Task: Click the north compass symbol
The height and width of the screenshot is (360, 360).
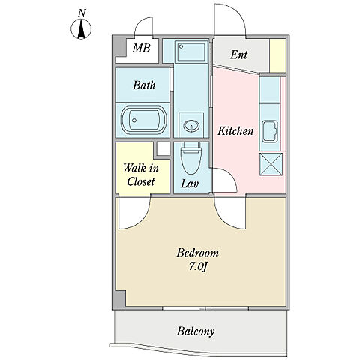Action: (x=81, y=28)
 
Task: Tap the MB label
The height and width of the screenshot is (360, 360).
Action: (x=142, y=48)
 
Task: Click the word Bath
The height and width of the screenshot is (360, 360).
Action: (x=144, y=85)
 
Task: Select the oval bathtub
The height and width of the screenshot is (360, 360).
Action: (x=144, y=120)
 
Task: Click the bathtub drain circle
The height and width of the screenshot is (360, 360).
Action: (x=134, y=120)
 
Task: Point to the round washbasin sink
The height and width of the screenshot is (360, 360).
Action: (x=191, y=125)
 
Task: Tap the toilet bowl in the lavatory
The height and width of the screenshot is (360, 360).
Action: (x=191, y=159)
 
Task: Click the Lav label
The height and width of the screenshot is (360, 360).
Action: (x=190, y=184)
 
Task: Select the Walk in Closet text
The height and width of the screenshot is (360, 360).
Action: (x=141, y=175)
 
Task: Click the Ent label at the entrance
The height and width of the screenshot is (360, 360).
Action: (x=239, y=55)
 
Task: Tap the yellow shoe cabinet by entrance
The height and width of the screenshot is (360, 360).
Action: (x=277, y=55)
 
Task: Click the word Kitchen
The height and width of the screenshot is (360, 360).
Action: (x=235, y=131)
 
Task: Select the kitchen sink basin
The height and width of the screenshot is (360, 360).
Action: (x=270, y=131)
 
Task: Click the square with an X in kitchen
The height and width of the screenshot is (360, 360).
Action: (x=271, y=164)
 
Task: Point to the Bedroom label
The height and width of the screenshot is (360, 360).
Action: (x=197, y=253)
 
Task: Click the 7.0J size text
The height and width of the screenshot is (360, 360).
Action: (x=198, y=267)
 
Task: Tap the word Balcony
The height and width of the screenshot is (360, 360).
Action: (x=196, y=331)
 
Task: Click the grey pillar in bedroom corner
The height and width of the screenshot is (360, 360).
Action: (x=120, y=299)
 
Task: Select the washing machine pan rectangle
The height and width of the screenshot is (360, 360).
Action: (x=191, y=52)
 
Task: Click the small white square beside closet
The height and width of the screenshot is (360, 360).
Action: (x=163, y=148)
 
